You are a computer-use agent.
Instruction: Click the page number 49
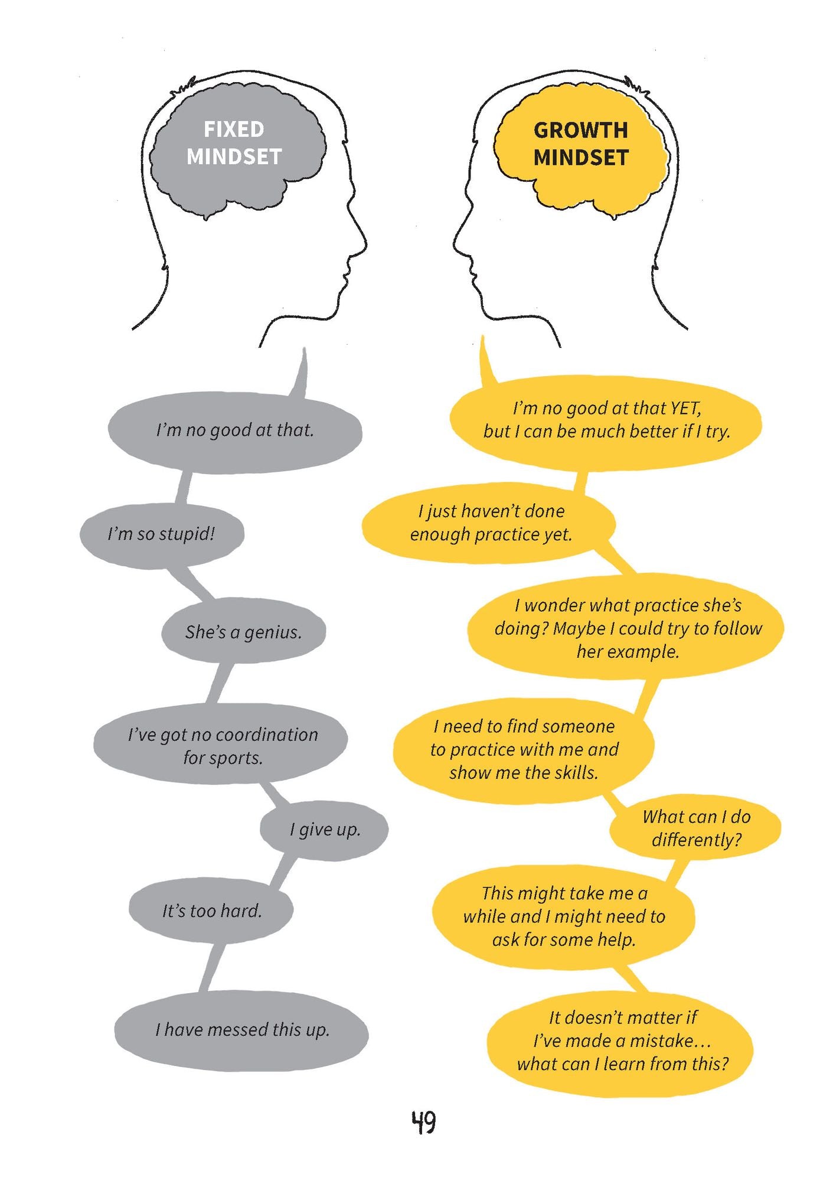(x=423, y=1122)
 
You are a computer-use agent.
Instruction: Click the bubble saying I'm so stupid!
(x=162, y=534)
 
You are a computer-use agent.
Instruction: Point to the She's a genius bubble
(x=243, y=632)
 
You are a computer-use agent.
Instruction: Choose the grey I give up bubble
(x=324, y=830)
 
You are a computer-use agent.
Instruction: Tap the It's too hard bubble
(x=211, y=911)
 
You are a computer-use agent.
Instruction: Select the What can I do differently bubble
(x=695, y=828)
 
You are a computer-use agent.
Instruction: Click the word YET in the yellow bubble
(x=685, y=408)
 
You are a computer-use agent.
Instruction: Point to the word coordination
(x=267, y=735)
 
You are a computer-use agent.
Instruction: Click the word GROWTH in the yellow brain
(x=581, y=130)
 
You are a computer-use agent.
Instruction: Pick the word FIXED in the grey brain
(x=234, y=129)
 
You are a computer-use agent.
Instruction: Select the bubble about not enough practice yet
(x=489, y=524)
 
